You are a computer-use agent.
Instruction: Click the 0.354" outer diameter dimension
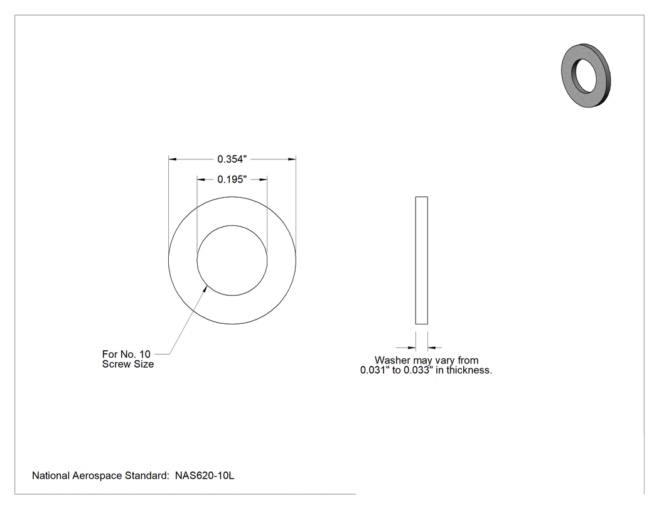point(232,159)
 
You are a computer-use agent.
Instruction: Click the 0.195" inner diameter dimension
point(232,179)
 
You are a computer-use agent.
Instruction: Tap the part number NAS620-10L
point(205,476)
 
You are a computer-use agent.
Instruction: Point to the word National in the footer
point(51,476)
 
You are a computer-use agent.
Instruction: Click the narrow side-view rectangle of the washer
point(422,260)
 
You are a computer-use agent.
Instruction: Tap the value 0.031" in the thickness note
point(375,370)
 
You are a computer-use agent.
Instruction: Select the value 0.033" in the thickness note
point(418,370)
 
